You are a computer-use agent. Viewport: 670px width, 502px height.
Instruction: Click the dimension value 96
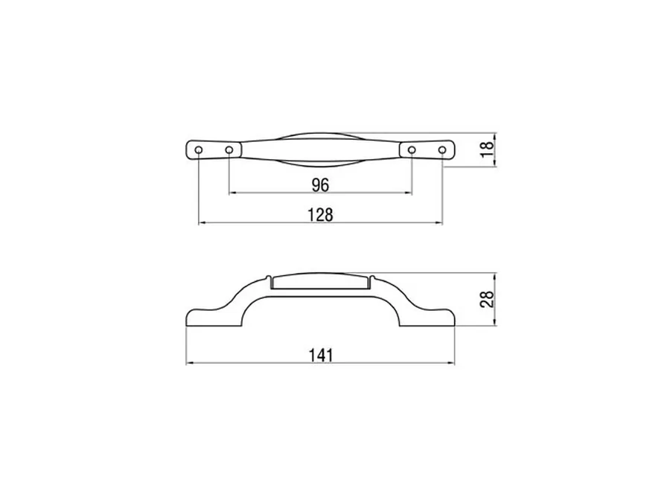click(320, 185)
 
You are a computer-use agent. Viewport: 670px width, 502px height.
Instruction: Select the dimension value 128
click(320, 215)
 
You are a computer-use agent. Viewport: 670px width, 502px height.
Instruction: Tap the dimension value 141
click(320, 355)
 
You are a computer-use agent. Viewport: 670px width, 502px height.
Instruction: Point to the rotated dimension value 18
click(487, 149)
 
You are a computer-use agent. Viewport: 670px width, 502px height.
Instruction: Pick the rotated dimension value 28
click(487, 298)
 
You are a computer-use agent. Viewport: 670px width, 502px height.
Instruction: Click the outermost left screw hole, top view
click(199, 149)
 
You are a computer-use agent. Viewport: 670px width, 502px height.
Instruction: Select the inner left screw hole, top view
click(229, 149)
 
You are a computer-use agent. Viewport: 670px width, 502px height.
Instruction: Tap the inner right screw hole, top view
click(412, 149)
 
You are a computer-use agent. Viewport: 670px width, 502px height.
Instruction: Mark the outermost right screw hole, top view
click(442, 149)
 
